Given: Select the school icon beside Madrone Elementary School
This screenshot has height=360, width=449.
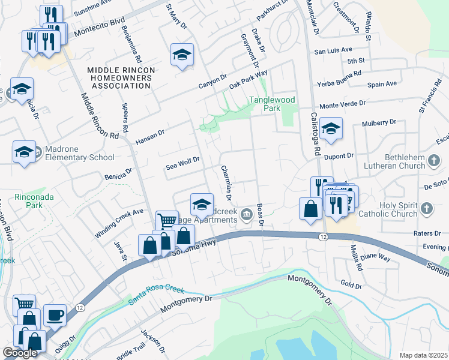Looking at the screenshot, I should [24, 152].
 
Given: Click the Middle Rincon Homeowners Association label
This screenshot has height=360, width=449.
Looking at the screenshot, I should [121, 78].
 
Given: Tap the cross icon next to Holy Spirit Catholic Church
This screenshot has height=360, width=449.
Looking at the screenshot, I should [426, 209].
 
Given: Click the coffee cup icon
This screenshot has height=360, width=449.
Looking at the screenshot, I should [55, 314].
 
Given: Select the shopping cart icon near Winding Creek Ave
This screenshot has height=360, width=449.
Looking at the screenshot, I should [166, 220].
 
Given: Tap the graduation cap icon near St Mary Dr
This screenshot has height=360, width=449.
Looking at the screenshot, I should [182, 55].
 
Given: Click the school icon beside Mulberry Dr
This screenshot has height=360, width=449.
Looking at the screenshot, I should [330, 128].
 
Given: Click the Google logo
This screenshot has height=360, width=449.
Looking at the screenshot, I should [20, 353].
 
